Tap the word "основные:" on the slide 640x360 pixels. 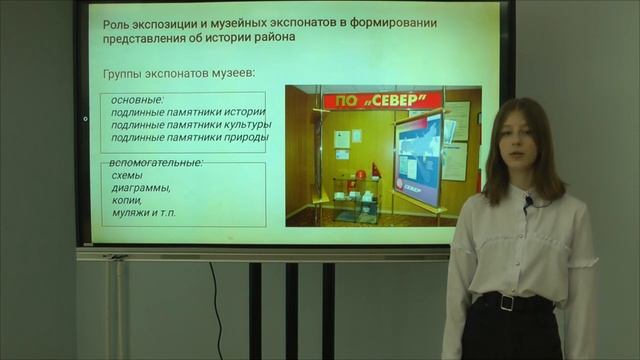pyautogui.click(x=137, y=99)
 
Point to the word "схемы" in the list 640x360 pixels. pyautogui.click(x=128, y=174)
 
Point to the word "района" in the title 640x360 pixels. pyautogui.click(x=287, y=38)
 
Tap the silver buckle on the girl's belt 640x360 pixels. pyautogui.click(x=507, y=302)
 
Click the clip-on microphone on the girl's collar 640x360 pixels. pyautogui.click(x=527, y=204)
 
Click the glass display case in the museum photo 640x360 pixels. pyautogui.click(x=356, y=197)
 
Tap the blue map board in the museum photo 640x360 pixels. pyautogui.click(x=419, y=158)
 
